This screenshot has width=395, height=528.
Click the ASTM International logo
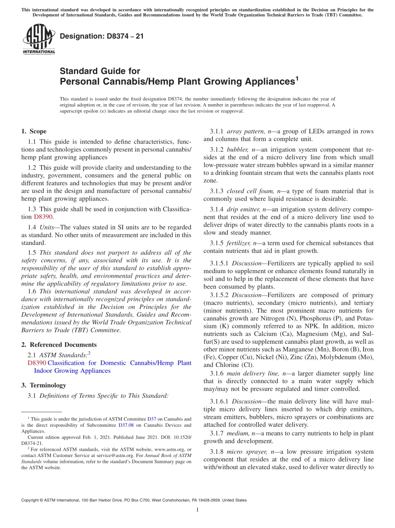39,39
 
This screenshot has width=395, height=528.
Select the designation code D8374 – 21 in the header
102,37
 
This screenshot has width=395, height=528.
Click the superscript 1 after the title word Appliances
296,78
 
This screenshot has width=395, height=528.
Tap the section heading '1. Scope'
34,131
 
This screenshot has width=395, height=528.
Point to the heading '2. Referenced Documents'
59,345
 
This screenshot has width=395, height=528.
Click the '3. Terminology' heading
44,385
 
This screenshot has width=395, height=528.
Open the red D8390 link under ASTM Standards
36,363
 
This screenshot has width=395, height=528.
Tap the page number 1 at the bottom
197,510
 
